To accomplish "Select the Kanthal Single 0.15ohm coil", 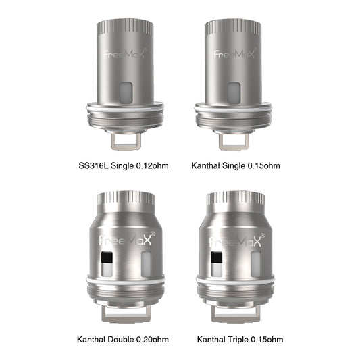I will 233,81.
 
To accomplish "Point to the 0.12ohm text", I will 153,165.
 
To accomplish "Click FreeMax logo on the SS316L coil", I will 122,54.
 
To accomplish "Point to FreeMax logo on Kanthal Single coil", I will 234,54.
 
